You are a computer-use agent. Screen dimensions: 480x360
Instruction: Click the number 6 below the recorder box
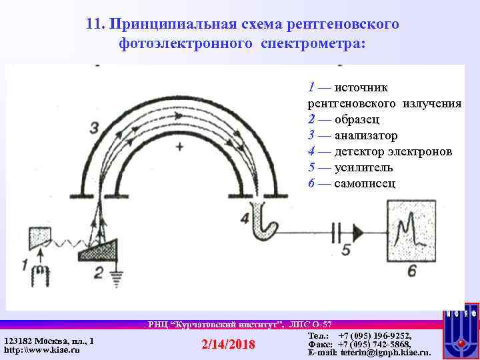click(411, 270)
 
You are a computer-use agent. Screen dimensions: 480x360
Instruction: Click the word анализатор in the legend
click(366, 136)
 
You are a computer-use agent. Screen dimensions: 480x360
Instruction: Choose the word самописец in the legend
click(365, 184)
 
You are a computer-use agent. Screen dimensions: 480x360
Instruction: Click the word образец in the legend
click(357, 120)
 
